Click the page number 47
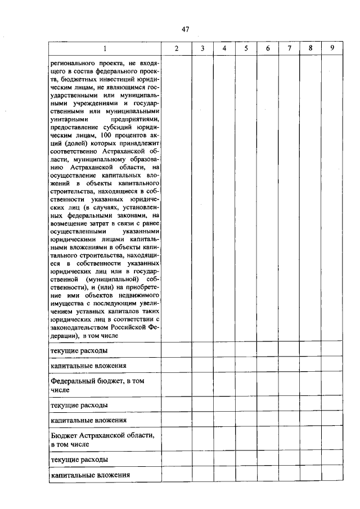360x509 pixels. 185,29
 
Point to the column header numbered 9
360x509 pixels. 332,48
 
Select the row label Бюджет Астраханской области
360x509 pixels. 102,440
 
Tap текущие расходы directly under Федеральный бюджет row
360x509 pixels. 79,405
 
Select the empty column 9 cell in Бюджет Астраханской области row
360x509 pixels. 332,440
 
